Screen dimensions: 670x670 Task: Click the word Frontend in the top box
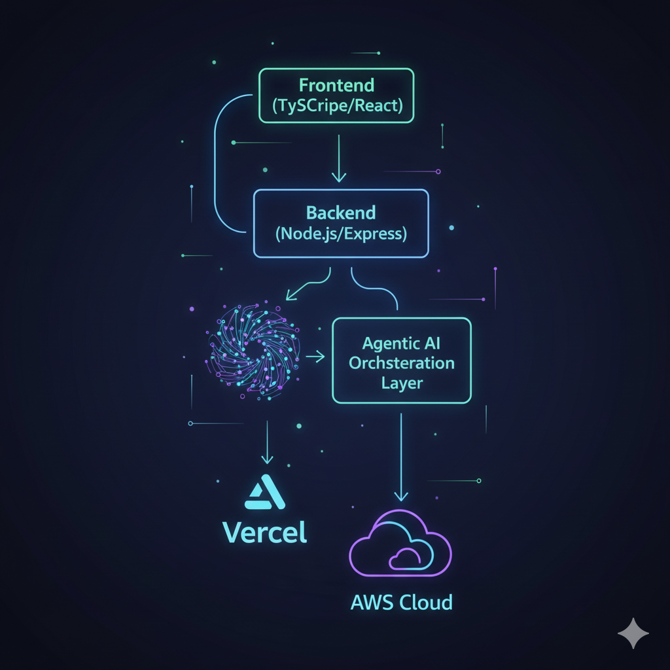336,85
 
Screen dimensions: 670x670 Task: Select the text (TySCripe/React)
336,105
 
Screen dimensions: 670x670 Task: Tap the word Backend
340,213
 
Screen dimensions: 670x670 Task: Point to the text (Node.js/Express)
340,234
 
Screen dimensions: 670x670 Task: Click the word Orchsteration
402,363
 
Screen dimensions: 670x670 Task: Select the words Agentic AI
402,343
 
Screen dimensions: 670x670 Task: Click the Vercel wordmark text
265,532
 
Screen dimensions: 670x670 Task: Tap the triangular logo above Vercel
264,492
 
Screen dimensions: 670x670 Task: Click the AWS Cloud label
401,602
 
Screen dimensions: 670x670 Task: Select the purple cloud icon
401,543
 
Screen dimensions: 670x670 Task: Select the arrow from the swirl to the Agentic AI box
314,357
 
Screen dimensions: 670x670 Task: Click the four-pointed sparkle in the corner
633,633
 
